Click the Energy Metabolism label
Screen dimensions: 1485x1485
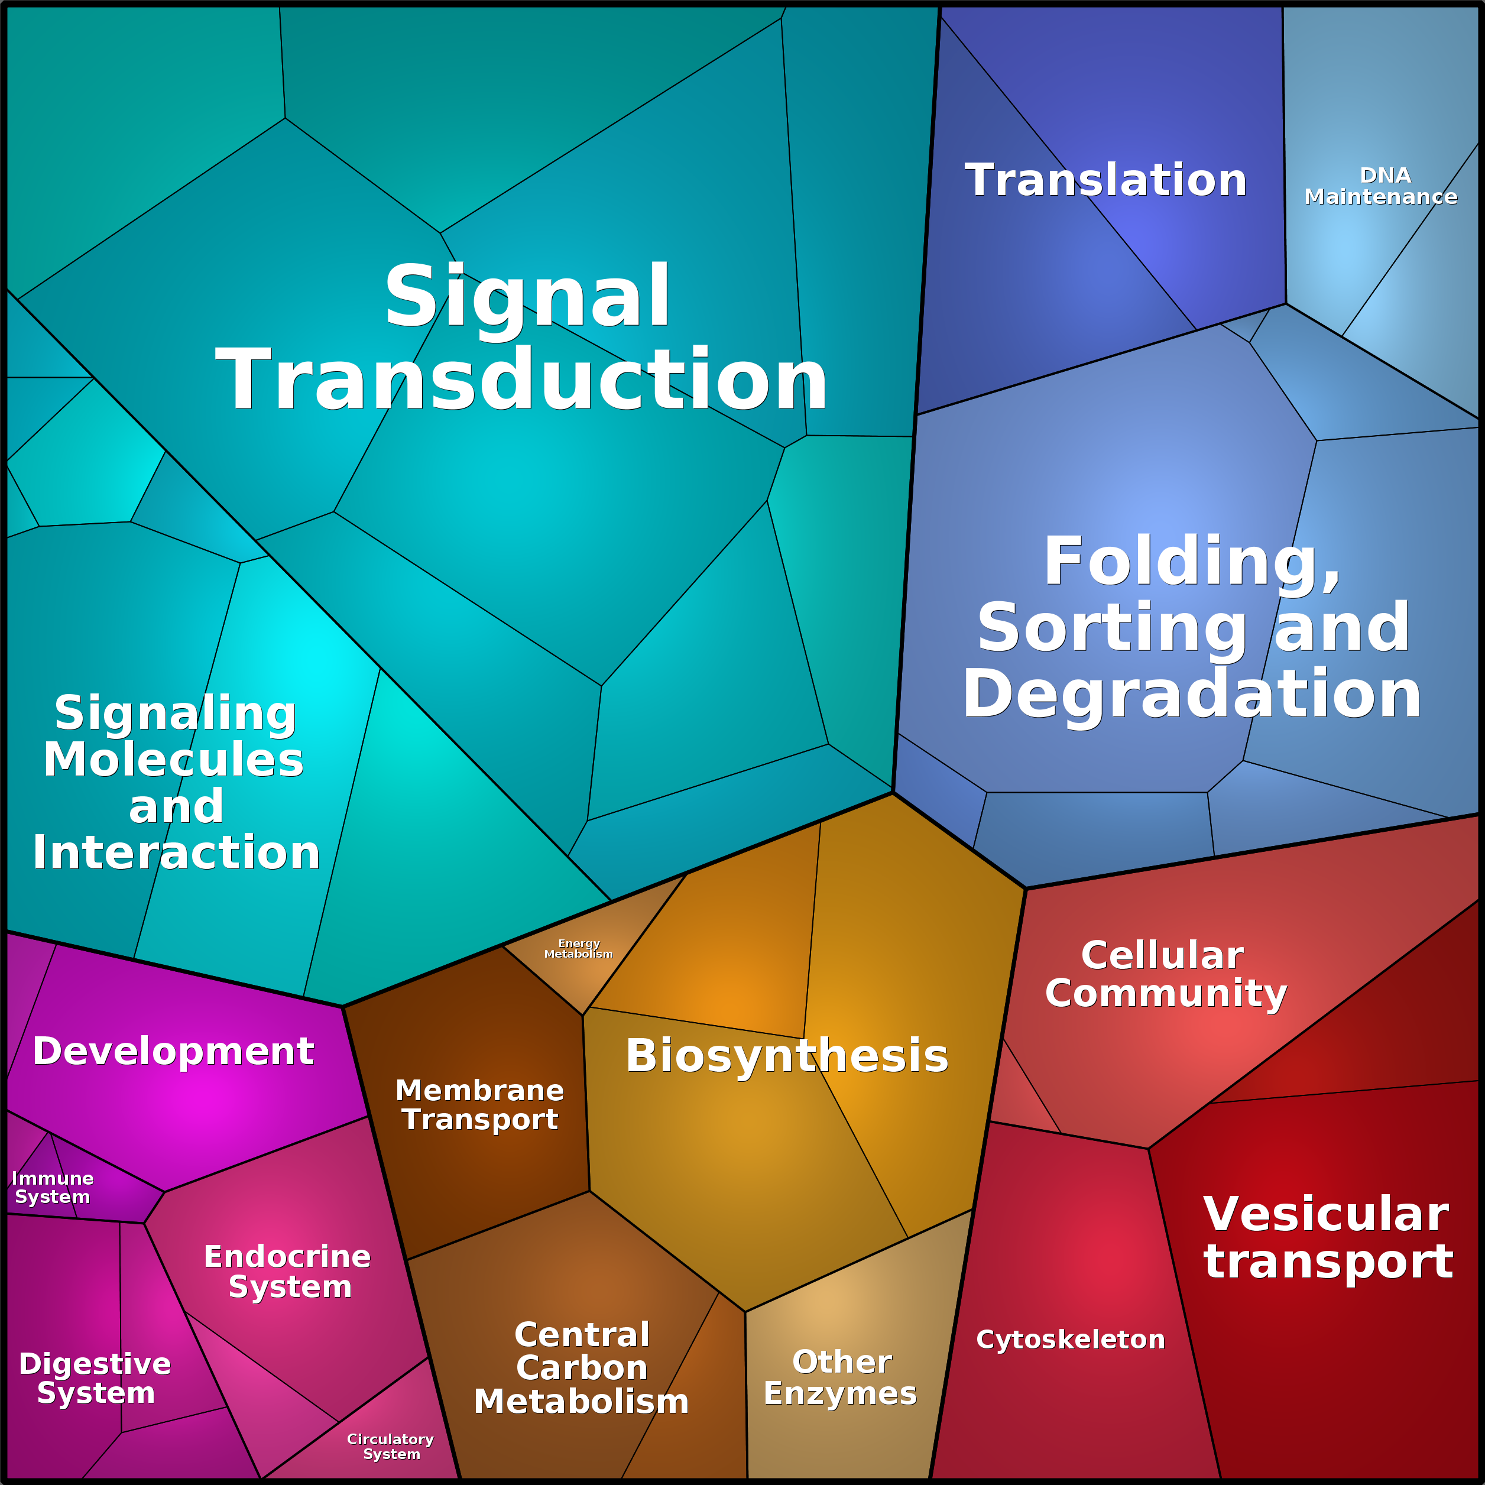(578, 948)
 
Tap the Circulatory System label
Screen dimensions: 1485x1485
(391, 1446)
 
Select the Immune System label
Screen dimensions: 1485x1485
(52, 1188)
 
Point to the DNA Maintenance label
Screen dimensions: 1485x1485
(1380, 186)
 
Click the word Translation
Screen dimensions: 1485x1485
(1105, 181)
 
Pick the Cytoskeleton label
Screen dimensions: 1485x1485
(1070, 1340)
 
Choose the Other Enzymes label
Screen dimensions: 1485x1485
(840, 1377)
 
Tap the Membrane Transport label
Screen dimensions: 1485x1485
(479, 1104)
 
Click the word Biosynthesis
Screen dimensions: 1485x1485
(786, 1056)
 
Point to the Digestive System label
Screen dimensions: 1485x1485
(95, 1378)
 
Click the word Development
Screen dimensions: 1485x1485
(173, 1050)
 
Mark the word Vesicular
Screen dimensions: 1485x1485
(1326, 1215)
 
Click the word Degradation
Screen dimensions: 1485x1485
(1191, 695)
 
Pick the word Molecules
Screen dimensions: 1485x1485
(174, 760)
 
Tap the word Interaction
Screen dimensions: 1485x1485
(176, 853)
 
